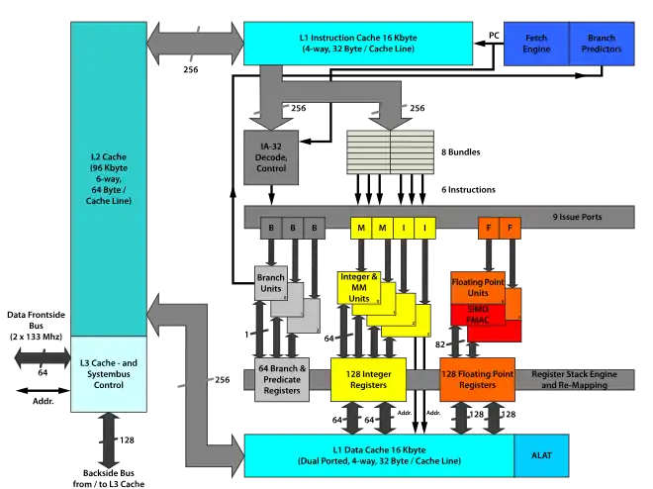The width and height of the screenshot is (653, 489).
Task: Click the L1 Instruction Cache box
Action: [x=357, y=44]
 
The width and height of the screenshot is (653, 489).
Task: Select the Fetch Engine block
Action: [x=536, y=44]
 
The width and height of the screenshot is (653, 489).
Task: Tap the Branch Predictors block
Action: [x=602, y=44]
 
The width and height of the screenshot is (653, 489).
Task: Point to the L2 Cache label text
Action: [x=108, y=178]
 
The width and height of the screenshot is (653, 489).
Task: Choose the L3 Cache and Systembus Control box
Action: [x=109, y=374]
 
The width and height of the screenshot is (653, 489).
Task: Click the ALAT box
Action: [x=541, y=455]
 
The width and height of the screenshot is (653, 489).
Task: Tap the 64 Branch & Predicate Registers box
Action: [x=282, y=379]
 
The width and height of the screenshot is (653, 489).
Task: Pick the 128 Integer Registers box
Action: [x=368, y=379]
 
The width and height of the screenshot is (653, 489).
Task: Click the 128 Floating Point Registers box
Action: [x=478, y=379]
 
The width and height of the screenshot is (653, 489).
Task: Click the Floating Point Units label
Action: [x=478, y=287]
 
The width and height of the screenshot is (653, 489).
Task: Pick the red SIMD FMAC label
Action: [x=478, y=314]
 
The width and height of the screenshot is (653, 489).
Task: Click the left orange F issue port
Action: [x=489, y=228]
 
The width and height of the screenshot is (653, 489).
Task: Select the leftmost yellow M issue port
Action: [x=360, y=228]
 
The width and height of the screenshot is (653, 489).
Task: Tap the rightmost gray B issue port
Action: [x=314, y=228]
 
